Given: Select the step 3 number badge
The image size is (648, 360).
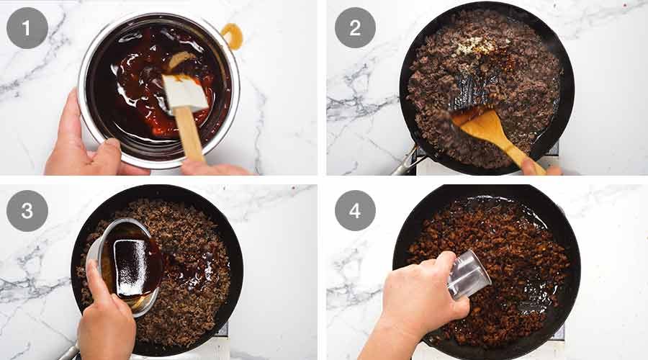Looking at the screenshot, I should [27, 210].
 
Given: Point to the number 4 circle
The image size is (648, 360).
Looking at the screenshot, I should [354, 210].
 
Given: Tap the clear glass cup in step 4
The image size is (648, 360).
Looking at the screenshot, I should [468, 274].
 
